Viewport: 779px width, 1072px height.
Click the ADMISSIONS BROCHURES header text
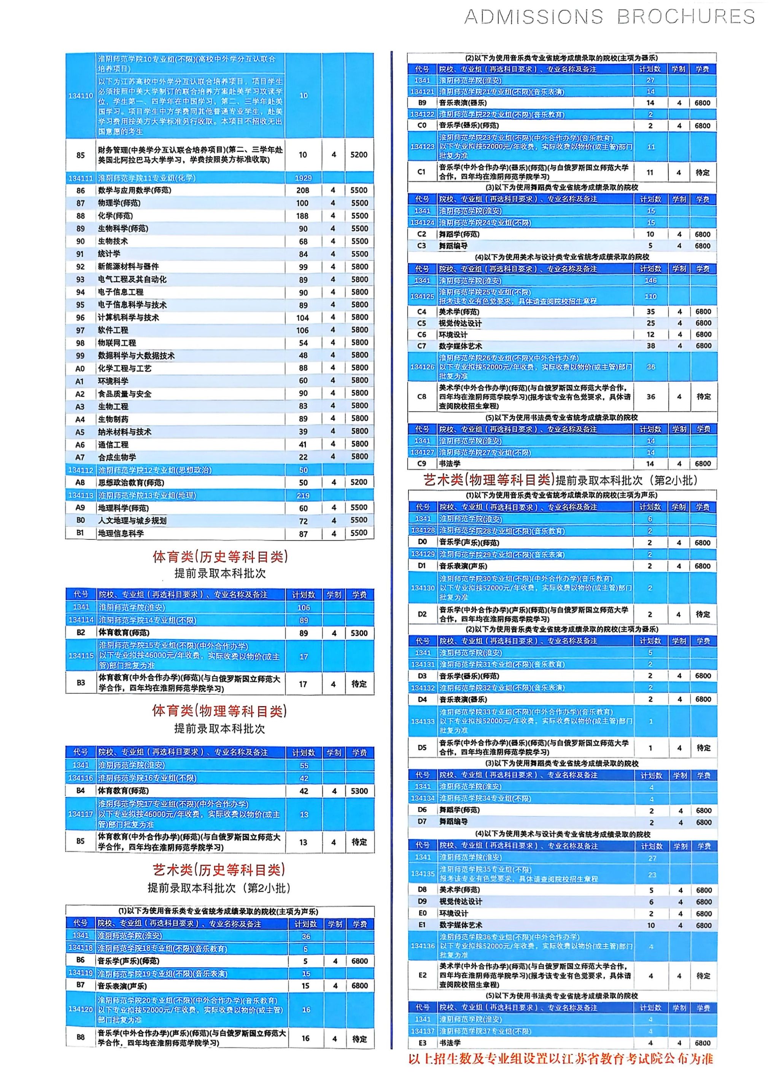609,17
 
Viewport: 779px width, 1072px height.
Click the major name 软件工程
113,330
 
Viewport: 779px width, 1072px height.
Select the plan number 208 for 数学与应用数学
303,190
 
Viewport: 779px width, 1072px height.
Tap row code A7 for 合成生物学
80,457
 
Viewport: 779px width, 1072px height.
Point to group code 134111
81,178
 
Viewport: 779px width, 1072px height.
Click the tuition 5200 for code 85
359,155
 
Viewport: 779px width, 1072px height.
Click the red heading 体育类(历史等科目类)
220,557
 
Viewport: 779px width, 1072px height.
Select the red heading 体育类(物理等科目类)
220,711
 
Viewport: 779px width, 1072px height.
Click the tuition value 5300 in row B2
359,633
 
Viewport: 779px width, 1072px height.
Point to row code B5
81,841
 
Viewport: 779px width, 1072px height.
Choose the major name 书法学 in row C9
450,464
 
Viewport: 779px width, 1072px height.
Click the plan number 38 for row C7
651,346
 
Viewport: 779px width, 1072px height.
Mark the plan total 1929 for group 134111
303,178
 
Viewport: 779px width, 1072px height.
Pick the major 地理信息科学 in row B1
121,533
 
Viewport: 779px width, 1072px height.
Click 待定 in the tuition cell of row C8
703,397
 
